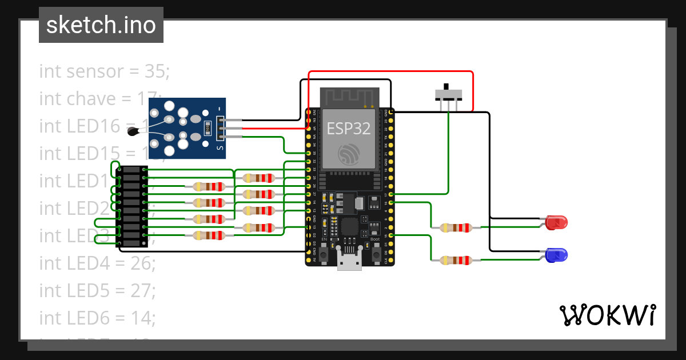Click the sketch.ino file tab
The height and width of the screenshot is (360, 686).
[101, 25]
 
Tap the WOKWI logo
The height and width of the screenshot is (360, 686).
[607, 315]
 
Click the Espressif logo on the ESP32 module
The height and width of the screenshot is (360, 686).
[349, 154]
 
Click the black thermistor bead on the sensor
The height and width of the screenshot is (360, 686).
[133, 132]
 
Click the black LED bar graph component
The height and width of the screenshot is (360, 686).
[132, 207]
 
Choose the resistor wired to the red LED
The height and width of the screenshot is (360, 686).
[456, 227]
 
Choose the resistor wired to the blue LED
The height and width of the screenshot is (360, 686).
[456, 261]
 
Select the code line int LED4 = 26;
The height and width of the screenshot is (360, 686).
[97, 263]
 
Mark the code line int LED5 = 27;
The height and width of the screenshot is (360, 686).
[97, 290]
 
